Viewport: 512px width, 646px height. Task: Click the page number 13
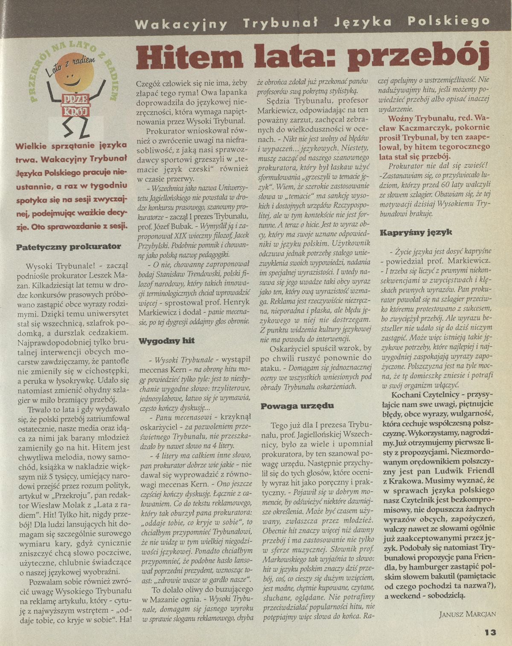tap(490, 632)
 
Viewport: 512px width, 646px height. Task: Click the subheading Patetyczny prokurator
tap(68, 246)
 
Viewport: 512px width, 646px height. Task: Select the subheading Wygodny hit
tap(166, 340)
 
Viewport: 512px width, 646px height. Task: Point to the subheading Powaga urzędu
tap(289, 406)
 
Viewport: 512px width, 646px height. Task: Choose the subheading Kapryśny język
tap(410, 233)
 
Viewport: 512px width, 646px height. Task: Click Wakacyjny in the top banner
tap(181, 23)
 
